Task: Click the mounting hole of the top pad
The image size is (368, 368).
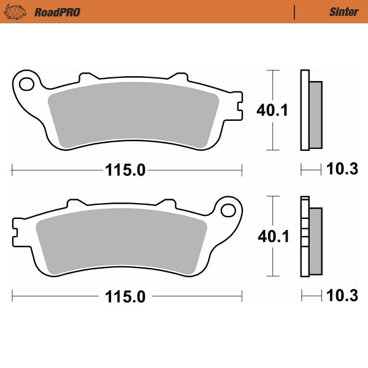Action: pyautogui.click(x=26, y=81)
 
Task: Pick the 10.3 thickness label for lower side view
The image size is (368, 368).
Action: pyautogui.click(x=342, y=297)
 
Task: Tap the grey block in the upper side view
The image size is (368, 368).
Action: pyautogui.click(x=315, y=115)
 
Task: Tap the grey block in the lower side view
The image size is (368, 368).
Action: pyautogui.click(x=315, y=241)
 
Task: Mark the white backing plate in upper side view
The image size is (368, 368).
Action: pyautogui.click(x=304, y=110)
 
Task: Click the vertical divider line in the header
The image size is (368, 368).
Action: pyautogui.click(x=295, y=12)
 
